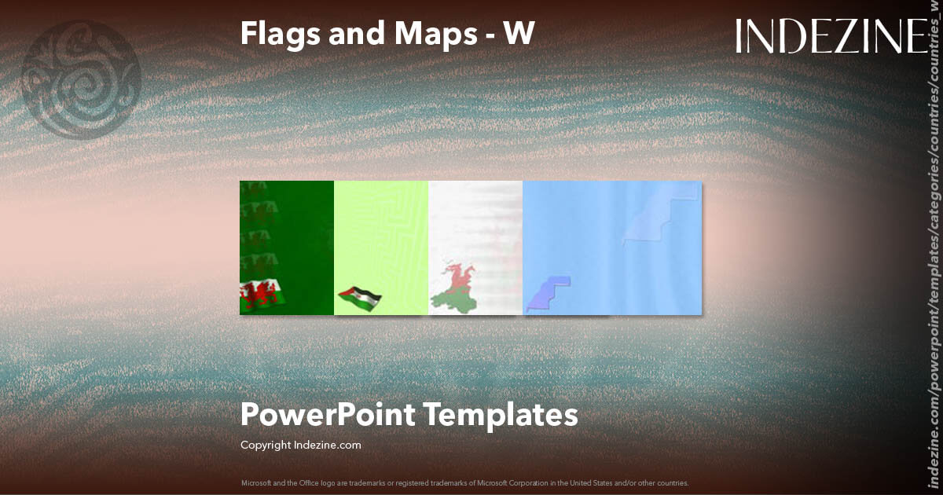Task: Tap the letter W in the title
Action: tap(519, 33)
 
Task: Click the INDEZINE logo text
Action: tap(831, 36)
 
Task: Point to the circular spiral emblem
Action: tap(82, 79)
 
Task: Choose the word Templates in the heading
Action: tap(501, 414)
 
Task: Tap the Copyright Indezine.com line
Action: tap(300, 445)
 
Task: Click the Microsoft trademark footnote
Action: tap(464, 482)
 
